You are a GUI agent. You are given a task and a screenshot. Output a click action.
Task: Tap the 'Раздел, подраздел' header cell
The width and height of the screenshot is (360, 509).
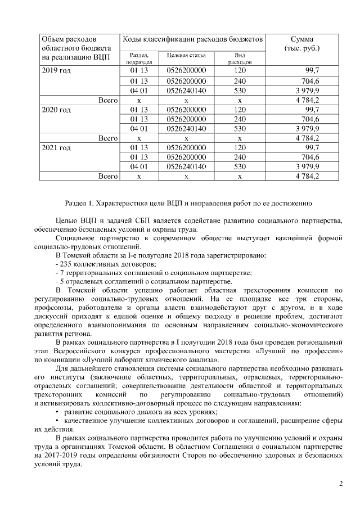point(139,58)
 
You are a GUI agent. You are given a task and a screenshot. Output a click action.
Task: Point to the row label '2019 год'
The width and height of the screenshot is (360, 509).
point(56,70)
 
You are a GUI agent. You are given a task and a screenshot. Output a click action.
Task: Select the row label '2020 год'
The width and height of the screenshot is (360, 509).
point(56,110)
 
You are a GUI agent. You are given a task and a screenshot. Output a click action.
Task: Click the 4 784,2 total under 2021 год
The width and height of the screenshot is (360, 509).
point(307,176)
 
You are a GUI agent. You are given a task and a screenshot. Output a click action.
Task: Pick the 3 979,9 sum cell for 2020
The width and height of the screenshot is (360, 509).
point(307,128)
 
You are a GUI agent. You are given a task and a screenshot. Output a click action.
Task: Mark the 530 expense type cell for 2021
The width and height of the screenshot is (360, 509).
point(240,166)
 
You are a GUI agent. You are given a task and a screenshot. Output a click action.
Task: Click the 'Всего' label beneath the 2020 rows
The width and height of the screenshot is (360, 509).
point(107,138)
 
